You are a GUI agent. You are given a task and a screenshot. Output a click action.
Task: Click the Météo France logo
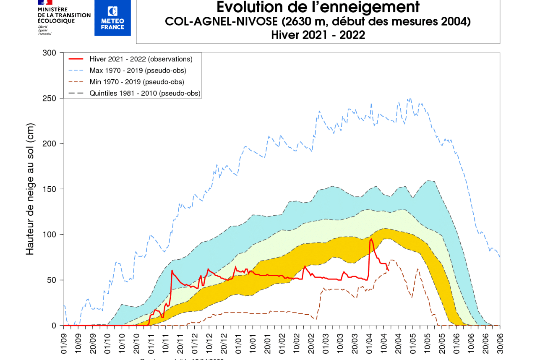pos(112,18)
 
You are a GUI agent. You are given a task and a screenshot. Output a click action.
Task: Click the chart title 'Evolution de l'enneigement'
pos(318,7)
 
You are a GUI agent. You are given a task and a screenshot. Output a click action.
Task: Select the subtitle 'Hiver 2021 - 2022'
pos(318,35)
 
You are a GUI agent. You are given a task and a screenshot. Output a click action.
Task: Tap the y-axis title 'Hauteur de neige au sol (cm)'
pos(30,189)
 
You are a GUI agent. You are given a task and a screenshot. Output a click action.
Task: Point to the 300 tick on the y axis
pos(50,53)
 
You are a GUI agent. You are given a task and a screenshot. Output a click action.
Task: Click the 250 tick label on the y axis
pos(50,98)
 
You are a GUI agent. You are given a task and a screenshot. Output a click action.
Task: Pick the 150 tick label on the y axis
pos(50,189)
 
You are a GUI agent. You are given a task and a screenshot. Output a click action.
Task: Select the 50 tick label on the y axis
pos(52,280)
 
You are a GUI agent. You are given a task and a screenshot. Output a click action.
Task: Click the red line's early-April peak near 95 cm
pos(371,239)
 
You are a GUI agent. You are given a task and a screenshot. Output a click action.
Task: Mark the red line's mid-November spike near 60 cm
pos(172,271)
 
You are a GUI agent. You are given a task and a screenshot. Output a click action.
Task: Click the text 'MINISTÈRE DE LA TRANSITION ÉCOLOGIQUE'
pos(64,15)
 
